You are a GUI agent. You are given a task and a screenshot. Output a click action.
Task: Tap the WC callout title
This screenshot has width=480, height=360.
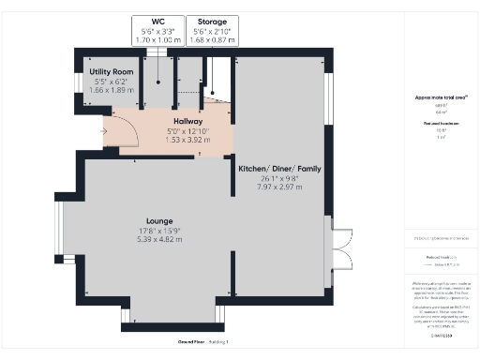tap(157, 21)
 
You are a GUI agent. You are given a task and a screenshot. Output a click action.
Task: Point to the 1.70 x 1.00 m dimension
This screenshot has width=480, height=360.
tap(157, 39)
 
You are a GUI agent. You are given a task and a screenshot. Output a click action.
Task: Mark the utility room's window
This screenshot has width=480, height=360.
tap(78, 82)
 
